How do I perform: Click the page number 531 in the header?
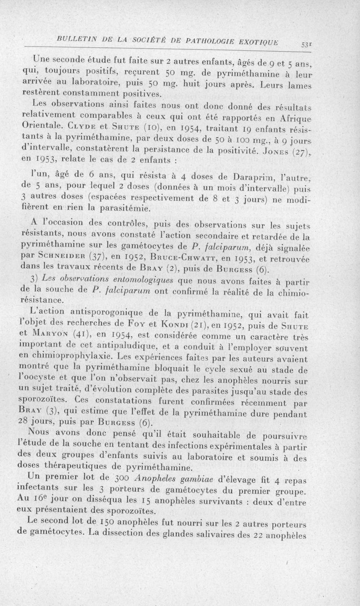click(x=345, y=44)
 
